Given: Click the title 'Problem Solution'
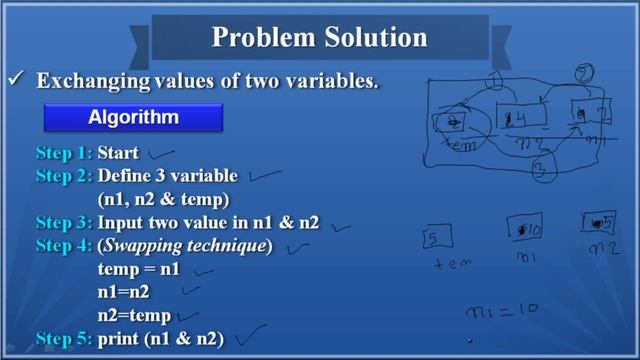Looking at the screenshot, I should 320,39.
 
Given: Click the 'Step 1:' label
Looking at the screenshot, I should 65,154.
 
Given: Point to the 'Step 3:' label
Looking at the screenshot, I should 65,223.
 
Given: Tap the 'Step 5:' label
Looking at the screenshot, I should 65,338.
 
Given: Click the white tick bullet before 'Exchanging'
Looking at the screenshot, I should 17,81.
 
